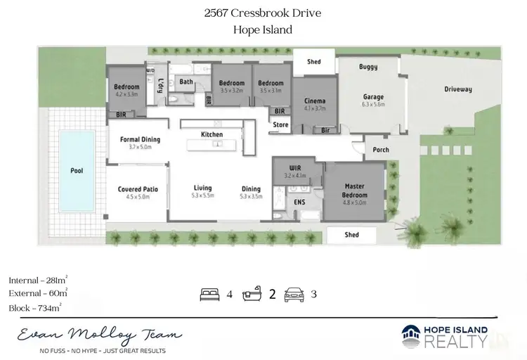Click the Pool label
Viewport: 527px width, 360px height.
click(77, 170)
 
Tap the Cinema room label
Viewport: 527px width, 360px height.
click(315, 101)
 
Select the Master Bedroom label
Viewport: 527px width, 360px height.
click(354, 191)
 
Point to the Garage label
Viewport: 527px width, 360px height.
click(372, 97)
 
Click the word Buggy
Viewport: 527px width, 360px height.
click(368, 67)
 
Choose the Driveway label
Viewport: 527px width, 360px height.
click(457, 89)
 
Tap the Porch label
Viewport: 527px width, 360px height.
click(380, 150)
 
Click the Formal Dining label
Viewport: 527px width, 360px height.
click(140, 139)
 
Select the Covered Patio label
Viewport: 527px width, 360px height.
click(138, 188)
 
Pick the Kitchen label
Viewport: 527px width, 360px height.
click(212, 134)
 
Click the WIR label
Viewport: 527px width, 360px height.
click(295, 167)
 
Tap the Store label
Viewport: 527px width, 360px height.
click(281, 125)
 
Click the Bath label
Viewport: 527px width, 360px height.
click(186, 82)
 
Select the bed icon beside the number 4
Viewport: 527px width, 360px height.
click(209, 295)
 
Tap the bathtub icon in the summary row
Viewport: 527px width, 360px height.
click(252, 295)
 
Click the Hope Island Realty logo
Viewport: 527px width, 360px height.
click(444, 336)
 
